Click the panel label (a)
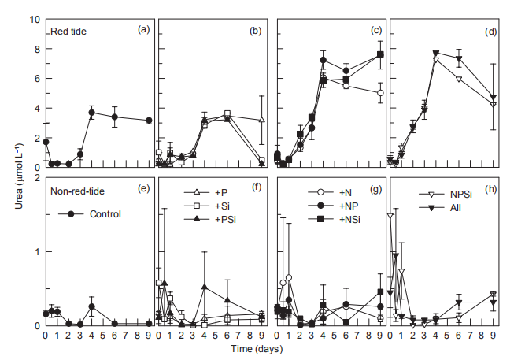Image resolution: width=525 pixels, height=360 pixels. tap(143, 30)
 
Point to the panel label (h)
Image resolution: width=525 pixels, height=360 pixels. tap(491, 187)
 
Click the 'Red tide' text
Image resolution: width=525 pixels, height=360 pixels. tap(68, 32)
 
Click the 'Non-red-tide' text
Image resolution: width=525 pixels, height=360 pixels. tap(76, 190)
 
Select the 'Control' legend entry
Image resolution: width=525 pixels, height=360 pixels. tap(105, 213)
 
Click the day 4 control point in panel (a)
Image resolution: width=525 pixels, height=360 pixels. tap(92, 113)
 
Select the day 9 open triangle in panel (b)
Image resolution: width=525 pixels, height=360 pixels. tap(261, 120)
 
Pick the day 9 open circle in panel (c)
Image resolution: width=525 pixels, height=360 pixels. tap(380, 93)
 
